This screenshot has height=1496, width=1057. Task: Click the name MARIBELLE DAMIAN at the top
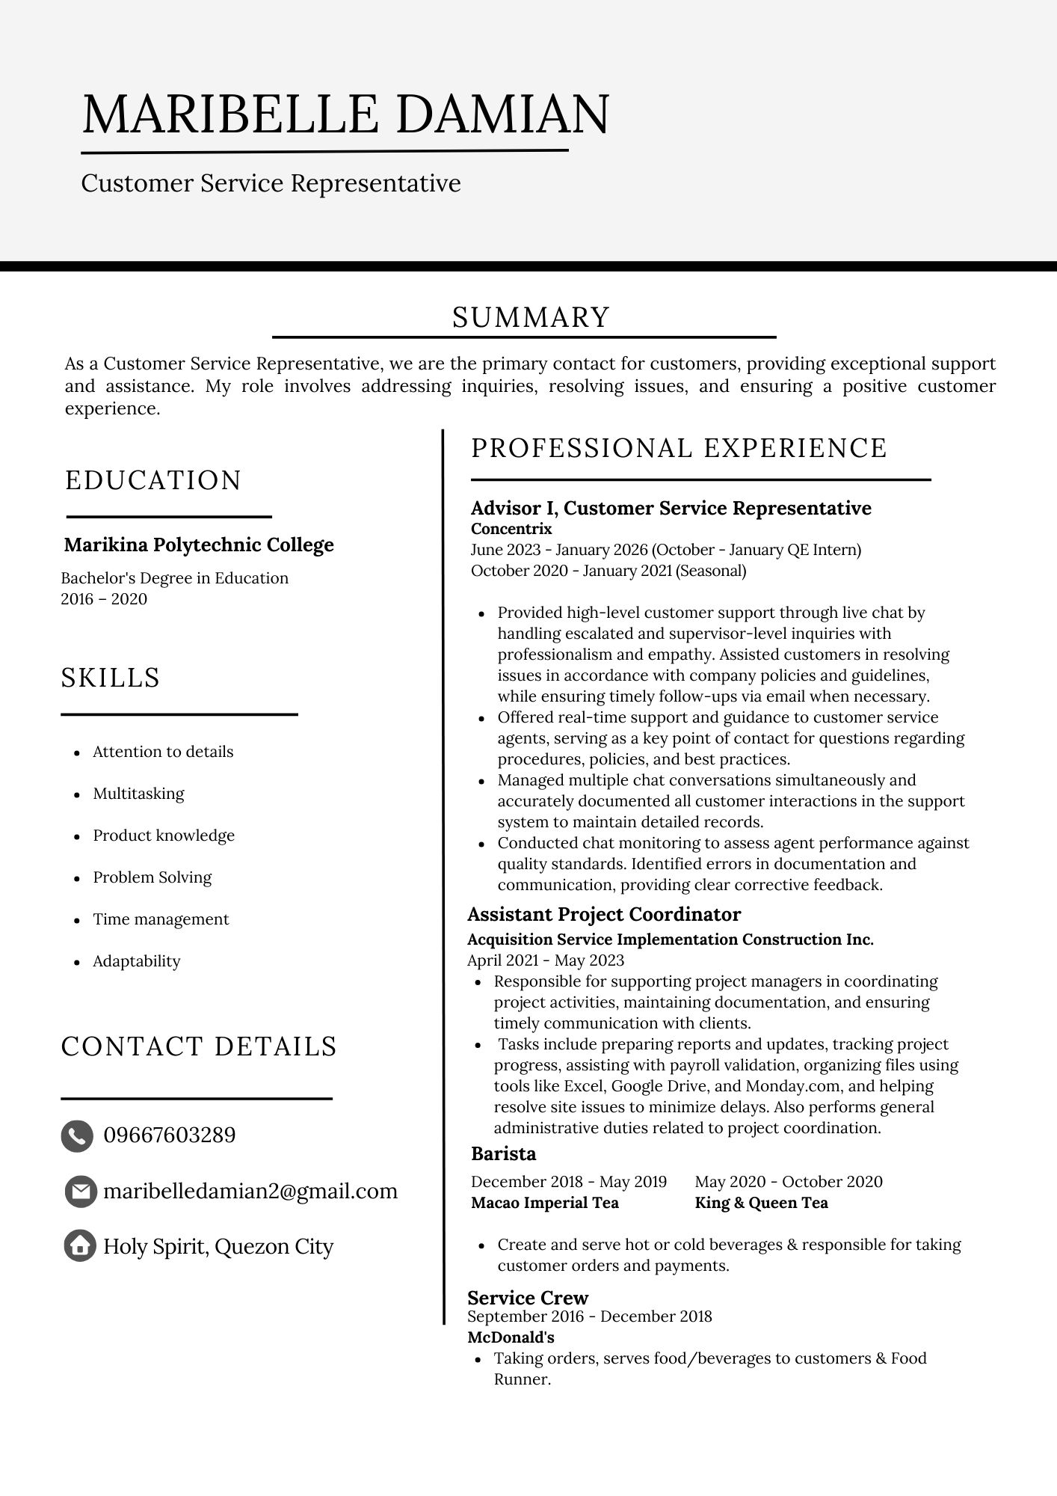tap(345, 114)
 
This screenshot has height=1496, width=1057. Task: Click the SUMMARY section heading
tap(531, 317)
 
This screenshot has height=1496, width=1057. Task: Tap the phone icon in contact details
tap(77, 1135)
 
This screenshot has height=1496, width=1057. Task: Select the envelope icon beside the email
tap(80, 1192)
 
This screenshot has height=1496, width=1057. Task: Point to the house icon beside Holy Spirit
tap(80, 1246)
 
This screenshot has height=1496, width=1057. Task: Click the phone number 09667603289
tap(170, 1135)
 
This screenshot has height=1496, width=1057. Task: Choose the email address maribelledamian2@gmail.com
tap(250, 1191)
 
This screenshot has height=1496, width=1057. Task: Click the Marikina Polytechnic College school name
tap(199, 545)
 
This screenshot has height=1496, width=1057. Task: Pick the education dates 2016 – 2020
tap(104, 599)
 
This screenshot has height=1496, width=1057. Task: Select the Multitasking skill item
tap(138, 794)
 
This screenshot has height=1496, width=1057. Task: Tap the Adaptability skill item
tap(137, 961)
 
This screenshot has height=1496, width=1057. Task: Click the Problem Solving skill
tap(152, 877)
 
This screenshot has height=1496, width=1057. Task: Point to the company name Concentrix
tap(511, 529)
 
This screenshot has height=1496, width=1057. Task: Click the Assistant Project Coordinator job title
tap(604, 914)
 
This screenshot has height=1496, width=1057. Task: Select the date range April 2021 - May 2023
tap(546, 960)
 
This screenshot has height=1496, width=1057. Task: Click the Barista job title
tap(504, 1153)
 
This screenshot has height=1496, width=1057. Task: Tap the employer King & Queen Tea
tap(761, 1203)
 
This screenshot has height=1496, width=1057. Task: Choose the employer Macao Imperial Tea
tap(545, 1203)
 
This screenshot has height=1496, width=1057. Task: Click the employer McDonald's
tap(511, 1337)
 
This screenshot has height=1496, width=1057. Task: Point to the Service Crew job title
tap(528, 1298)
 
